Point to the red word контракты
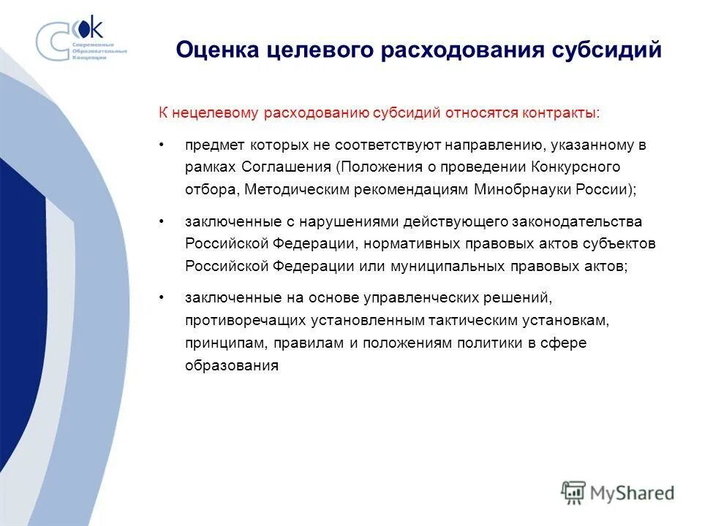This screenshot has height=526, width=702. (560, 113)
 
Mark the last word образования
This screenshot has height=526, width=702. (232, 365)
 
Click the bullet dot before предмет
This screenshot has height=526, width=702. (162, 145)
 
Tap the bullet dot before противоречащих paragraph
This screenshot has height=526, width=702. (162, 298)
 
